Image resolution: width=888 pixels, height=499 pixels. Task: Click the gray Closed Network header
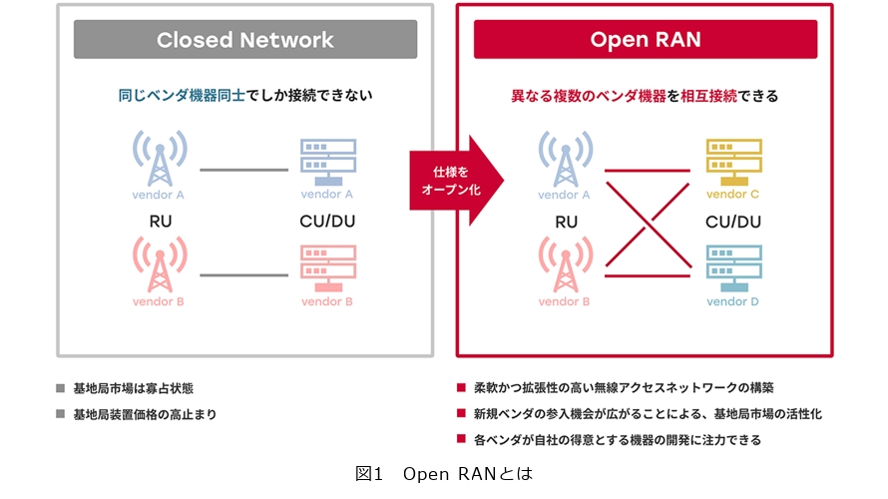click(x=244, y=40)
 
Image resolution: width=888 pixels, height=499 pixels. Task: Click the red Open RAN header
click(x=646, y=40)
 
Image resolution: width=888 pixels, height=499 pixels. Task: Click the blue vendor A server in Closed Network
click(x=327, y=160)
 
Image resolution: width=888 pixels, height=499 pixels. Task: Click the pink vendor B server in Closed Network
click(x=327, y=266)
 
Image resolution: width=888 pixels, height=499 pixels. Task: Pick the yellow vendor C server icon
click(x=733, y=160)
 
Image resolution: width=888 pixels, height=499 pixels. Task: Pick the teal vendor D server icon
click(x=733, y=266)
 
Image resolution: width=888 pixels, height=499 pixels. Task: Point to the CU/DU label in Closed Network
click(x=327, y=222)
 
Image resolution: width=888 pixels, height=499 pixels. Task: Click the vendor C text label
click(x=733, y=195)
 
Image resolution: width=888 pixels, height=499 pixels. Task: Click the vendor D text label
click(x=733, y=300)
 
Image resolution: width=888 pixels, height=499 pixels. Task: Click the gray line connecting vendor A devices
click(x=242, y=170)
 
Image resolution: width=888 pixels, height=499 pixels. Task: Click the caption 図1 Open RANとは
click(x=444, y=474)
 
